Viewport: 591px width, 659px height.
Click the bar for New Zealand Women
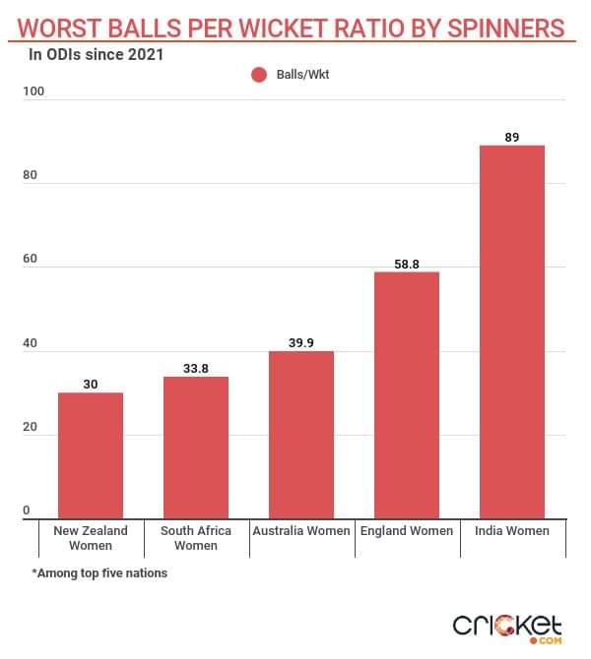tap(91, 455)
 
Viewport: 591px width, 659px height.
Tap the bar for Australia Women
tap(301, 435)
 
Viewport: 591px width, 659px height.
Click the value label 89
tap(512, 137)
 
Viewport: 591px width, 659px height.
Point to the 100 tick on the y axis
tap(34, 91)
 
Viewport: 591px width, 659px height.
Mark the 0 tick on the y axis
tap(27, 509)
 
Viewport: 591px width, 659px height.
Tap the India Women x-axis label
tap(512, 531)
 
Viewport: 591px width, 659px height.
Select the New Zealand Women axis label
tap(91, 538)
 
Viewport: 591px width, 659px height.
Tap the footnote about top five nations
tap(99, 573)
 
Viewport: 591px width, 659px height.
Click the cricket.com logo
tap(506, 627)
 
